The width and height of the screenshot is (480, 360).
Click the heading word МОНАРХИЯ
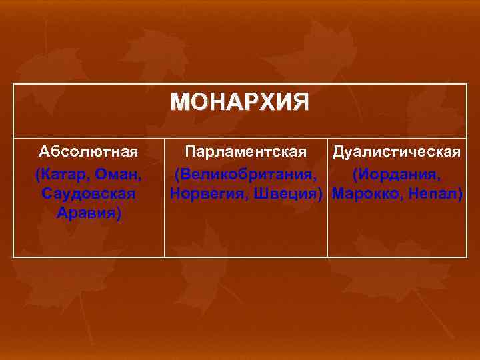click(239, 103)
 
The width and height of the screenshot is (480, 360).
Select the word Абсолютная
click(89, 151)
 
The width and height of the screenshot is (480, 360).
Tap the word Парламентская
click(246, 151)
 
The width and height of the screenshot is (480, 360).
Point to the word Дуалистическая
click(397, 151)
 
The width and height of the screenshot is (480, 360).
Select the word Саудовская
click(89, 194)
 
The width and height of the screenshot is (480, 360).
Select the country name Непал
click(431, 194)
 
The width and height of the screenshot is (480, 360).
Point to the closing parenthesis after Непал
click(460, 194)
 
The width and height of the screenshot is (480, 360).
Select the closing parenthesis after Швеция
click(324, 194)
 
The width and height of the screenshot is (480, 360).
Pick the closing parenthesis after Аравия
click(118, 214)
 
